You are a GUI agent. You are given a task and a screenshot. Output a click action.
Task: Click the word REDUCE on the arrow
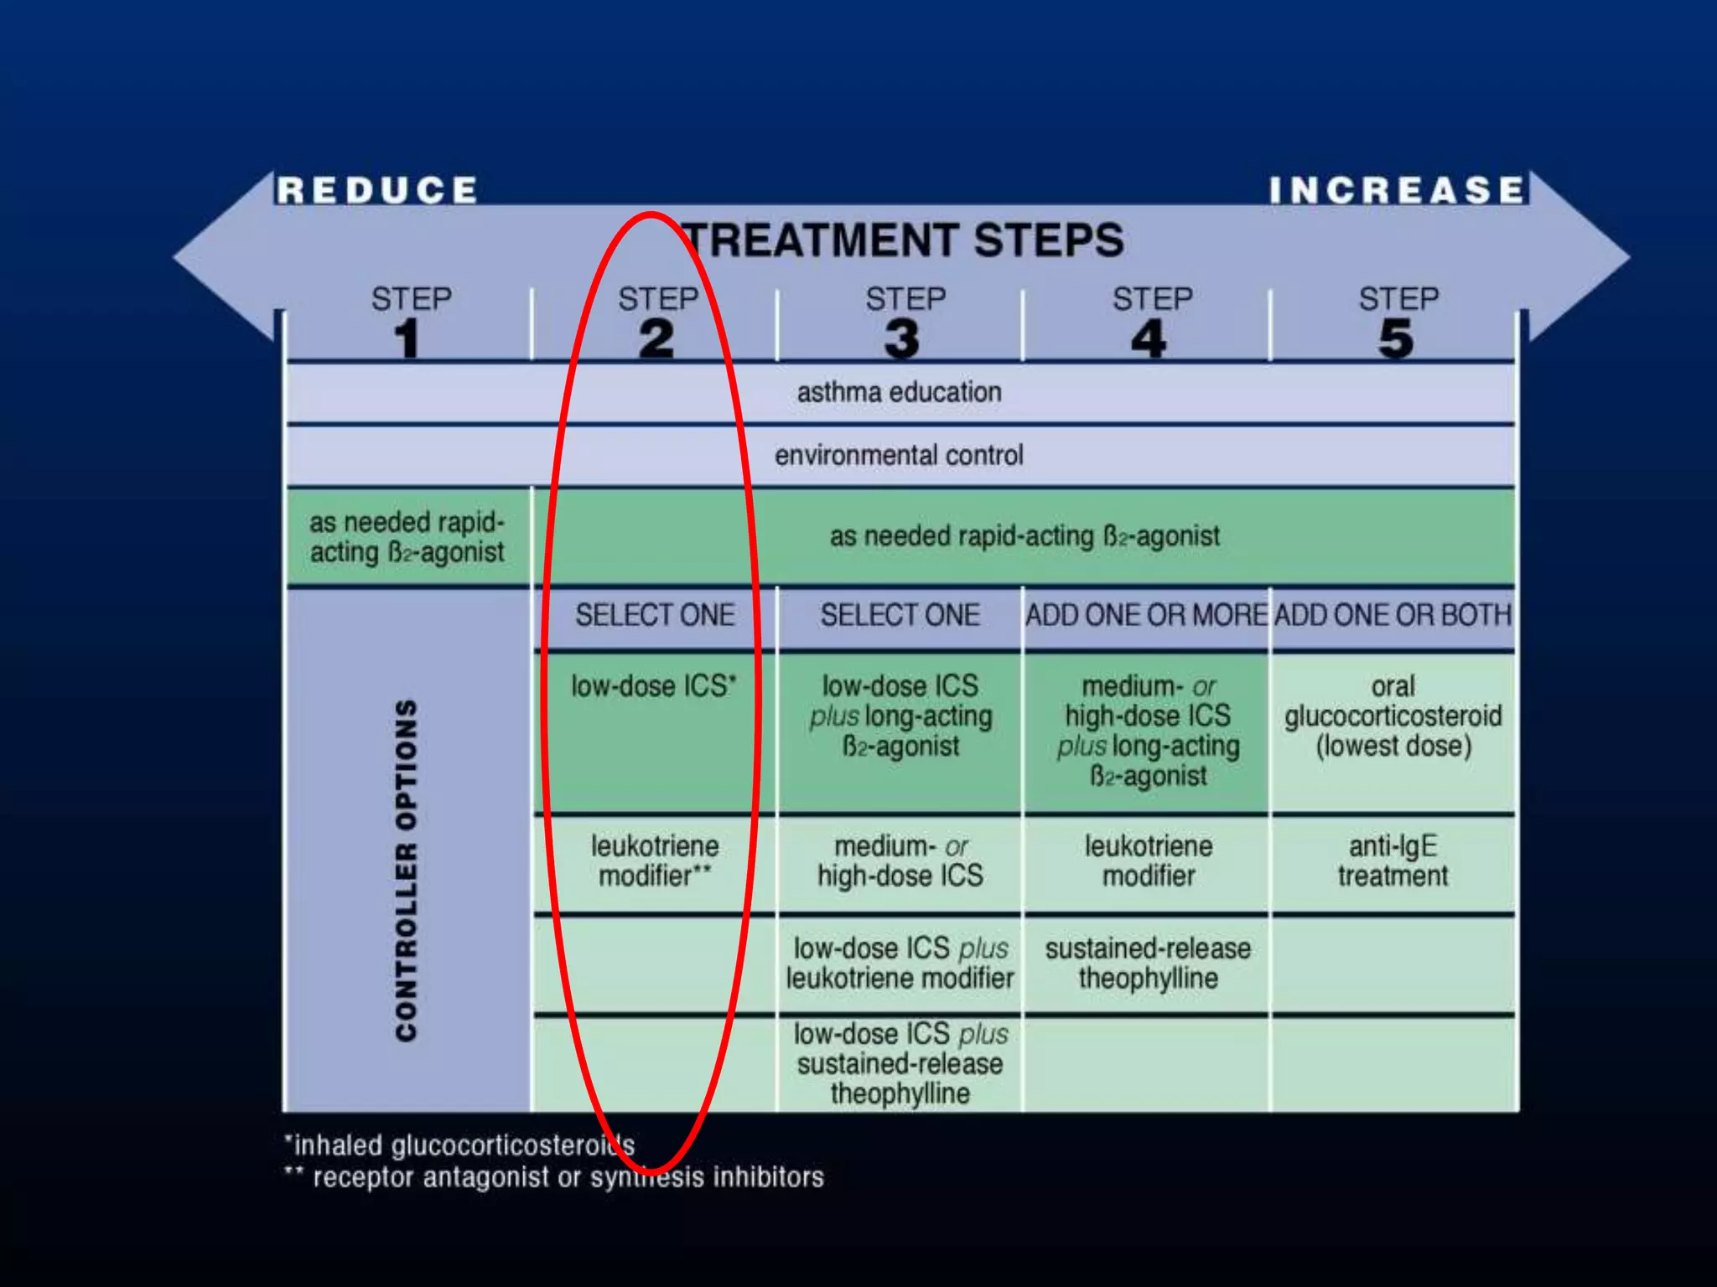[377, 190]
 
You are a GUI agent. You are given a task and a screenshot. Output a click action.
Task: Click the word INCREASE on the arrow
[1396, 190]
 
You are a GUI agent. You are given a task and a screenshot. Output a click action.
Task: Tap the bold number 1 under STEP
[407, 339]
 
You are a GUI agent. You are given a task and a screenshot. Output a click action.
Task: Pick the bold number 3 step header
[902, 339]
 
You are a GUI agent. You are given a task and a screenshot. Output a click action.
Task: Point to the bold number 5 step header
[1396, 339]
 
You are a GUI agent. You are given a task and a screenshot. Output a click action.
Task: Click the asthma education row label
[899, 392]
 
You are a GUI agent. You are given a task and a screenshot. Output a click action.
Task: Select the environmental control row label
[899, 455]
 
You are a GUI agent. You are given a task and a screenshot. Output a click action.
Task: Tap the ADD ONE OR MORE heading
[1146, 616]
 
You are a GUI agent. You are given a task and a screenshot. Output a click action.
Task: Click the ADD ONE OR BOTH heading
[1393, 616]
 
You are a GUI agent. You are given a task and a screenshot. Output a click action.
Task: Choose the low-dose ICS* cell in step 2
[653, 686]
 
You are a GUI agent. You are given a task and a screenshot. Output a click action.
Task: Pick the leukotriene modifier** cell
[655, 861]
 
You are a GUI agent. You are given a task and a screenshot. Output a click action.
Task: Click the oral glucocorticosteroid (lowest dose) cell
[1393, 716]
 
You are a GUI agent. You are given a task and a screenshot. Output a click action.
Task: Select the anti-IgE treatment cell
[1393, 861]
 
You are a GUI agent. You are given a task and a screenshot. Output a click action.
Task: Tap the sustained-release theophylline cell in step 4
[1148, 964]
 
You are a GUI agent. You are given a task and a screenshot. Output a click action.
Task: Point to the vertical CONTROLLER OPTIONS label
[407, 871]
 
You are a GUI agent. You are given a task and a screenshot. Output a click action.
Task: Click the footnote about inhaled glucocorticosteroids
[459, 1145]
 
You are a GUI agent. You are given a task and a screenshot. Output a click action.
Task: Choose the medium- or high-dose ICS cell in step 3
[900, 861]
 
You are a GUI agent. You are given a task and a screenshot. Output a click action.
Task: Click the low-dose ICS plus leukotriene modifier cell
[900, 964]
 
